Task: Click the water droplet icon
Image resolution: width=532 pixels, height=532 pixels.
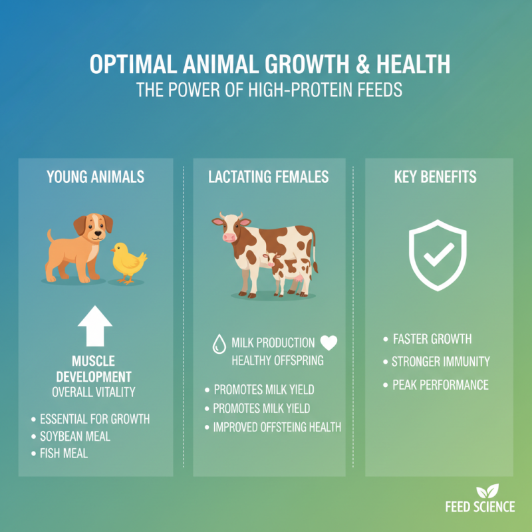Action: pos(217,344)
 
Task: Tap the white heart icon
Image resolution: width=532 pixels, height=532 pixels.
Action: pos(329,343)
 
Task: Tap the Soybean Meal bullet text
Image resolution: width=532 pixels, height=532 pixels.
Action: pos(75,436)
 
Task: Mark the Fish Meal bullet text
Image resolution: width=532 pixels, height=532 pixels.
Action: pos(64,454)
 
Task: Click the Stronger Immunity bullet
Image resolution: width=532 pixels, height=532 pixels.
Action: pos(440,362)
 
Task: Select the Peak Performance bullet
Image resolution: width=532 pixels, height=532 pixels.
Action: pos(440,385)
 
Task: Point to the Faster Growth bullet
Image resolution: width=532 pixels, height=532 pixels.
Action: pos(432,339)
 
